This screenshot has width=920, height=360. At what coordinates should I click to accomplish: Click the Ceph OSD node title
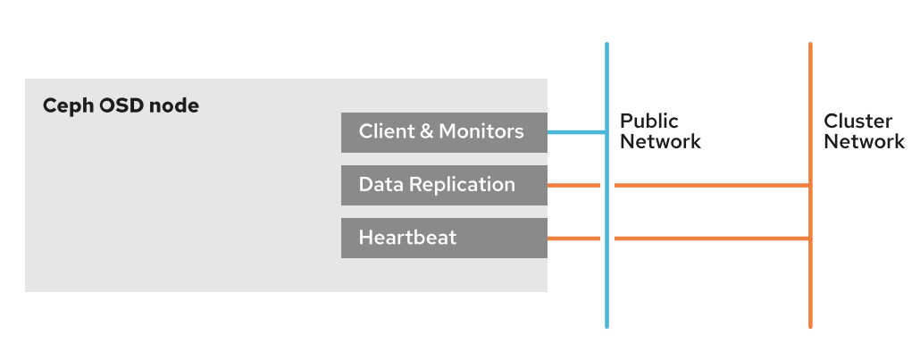(x=121, y=106)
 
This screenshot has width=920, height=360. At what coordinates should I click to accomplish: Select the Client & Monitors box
(x=444, y=133)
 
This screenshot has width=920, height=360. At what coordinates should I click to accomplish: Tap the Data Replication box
(x=444, y=186)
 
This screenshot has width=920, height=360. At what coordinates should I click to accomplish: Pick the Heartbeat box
(x=444, y=239)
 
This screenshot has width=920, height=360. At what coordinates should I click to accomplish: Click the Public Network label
(x=661, y=131)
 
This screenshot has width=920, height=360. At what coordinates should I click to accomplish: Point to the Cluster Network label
(x=865, y=131)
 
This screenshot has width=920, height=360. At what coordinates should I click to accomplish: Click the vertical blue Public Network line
(x=606, y=185)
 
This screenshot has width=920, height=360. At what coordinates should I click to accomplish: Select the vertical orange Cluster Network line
(x=810, y=185)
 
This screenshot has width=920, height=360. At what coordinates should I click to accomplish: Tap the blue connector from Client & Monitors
(x=576, y=133)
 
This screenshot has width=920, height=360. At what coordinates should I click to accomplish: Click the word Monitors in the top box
(x=481, y=131)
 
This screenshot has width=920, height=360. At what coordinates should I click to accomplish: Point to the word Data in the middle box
(x=381, y=184)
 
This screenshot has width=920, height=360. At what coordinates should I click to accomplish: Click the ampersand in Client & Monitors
(x=427, y=131)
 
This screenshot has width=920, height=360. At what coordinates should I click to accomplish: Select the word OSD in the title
(x=121, y=106)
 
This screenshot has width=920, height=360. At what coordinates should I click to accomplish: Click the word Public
(x=649, y=121)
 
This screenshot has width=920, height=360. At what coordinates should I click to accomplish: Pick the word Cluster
(x=858, y=121)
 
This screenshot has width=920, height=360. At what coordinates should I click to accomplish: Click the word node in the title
(x=174, y=106)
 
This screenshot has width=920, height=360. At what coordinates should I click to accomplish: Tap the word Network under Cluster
(x=865, y=141)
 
